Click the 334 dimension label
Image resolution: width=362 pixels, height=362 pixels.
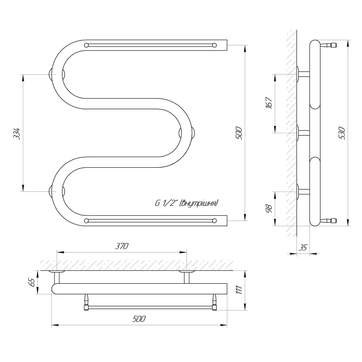point(17,134)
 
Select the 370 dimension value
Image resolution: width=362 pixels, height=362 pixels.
point(121,246)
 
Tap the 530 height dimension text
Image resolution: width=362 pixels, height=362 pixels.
point(342,133)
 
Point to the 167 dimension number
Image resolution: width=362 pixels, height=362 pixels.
point(269,103)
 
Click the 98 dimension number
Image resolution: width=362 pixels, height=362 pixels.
point(269,209)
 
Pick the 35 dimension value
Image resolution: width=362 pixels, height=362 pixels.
point(303,248)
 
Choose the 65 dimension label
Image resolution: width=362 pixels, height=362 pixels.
point(33,282)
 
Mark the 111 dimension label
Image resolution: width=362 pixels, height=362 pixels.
point(239,290)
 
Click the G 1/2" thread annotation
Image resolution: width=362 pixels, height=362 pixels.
point(186,203)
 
